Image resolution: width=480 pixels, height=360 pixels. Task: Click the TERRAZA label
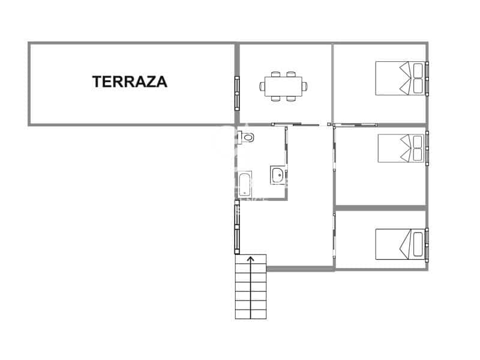tap(130, 82)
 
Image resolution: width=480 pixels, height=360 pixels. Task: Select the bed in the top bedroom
tap(400, 78)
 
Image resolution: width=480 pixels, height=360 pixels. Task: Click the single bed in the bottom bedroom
tap(400, 244)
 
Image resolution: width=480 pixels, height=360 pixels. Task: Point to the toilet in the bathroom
tap(246, 138)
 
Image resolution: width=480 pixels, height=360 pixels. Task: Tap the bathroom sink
tap(277, 175)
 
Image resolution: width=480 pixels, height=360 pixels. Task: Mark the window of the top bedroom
tap(427, 78)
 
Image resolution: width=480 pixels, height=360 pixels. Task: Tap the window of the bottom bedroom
tap(427, 244)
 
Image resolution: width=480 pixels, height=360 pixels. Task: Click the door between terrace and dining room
tap(237, 92)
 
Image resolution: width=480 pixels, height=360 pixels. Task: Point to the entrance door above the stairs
tap(237, 229)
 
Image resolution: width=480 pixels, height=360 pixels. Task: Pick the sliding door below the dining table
tap(295, 124)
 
